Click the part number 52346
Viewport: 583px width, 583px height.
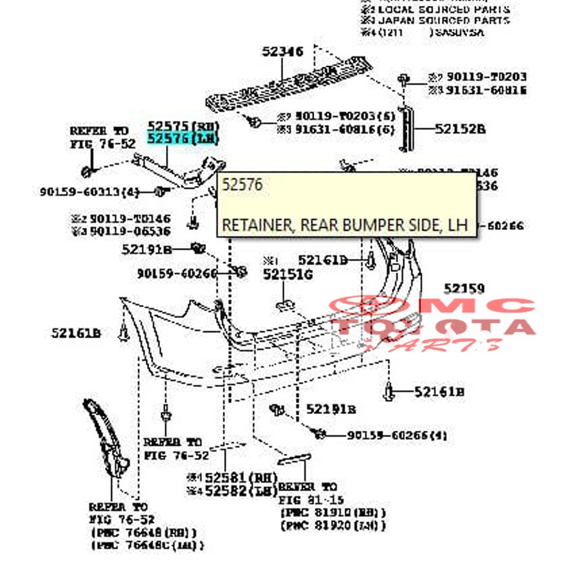282,51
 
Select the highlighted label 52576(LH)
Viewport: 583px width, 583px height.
183,139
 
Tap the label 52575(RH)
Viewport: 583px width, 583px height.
183,126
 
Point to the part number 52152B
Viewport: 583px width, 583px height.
460,129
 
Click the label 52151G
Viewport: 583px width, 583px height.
288,274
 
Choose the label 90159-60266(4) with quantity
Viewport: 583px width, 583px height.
396,435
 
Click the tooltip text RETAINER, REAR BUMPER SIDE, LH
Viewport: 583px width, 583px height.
344,225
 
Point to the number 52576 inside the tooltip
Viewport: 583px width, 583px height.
242,185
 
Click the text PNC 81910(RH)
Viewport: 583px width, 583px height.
333,512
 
